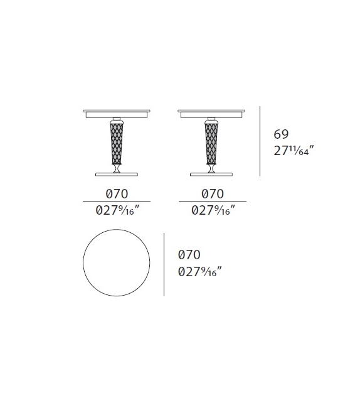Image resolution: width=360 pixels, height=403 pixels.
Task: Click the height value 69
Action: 281,133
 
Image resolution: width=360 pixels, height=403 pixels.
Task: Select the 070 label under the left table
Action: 117,194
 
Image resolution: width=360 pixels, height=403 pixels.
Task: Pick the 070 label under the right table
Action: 213,194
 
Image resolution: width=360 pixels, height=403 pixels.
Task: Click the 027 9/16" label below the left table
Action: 117,211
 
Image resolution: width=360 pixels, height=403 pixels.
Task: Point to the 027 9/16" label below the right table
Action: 213,211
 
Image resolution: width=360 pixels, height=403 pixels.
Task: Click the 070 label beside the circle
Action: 189,255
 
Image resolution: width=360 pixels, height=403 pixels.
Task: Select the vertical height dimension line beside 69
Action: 260,141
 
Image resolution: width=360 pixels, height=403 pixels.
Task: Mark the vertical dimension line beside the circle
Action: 164,264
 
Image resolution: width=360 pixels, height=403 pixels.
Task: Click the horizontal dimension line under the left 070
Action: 117,201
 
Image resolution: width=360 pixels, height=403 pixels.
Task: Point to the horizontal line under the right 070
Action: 213,201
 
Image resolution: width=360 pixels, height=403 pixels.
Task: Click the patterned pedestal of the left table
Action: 117,142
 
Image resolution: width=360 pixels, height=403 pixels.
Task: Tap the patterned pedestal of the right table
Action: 211,142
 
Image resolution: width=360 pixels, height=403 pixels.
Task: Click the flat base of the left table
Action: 117,174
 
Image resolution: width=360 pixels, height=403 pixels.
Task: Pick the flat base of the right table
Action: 211,174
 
